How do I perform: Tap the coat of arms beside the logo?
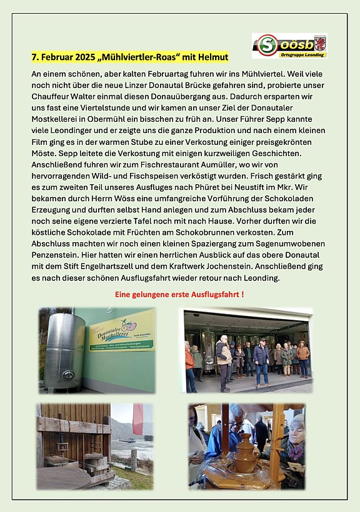(319, 43)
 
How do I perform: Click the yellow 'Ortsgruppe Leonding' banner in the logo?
(297, 54)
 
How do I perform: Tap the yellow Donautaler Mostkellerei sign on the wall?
(121, 332)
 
